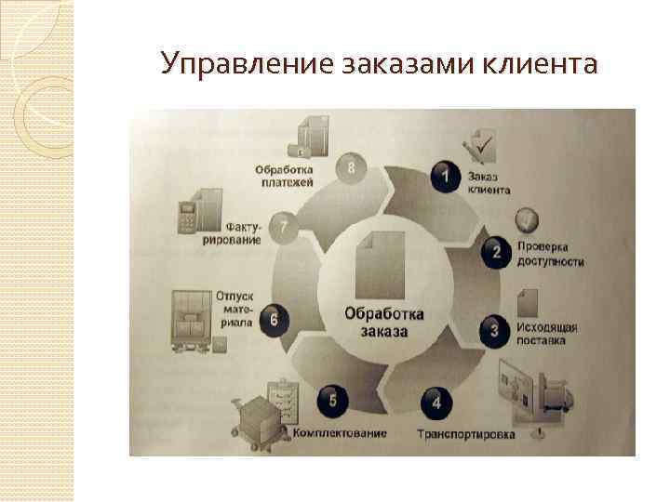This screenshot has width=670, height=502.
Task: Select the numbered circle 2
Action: [496, 251]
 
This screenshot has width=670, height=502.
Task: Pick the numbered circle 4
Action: [436, 403]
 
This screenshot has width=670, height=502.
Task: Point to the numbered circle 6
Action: [273, 320]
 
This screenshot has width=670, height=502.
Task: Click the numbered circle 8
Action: [350, 167]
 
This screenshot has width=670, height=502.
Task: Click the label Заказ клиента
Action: [489, 182]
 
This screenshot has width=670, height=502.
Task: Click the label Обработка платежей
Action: [284, 176]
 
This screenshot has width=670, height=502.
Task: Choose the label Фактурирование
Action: [243, 232]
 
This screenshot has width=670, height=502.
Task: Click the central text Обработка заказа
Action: [383, 322]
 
